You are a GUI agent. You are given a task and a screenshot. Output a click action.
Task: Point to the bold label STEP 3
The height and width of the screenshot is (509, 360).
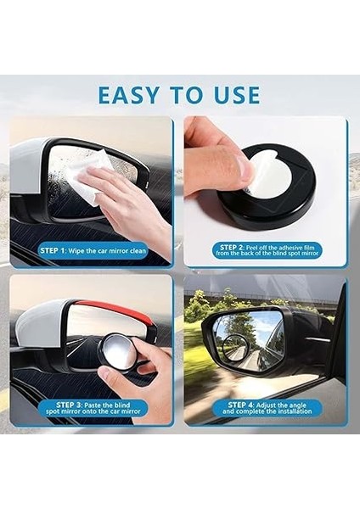point(72,405)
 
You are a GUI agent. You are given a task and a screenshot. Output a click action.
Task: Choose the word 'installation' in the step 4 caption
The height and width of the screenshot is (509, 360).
point(288,412)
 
